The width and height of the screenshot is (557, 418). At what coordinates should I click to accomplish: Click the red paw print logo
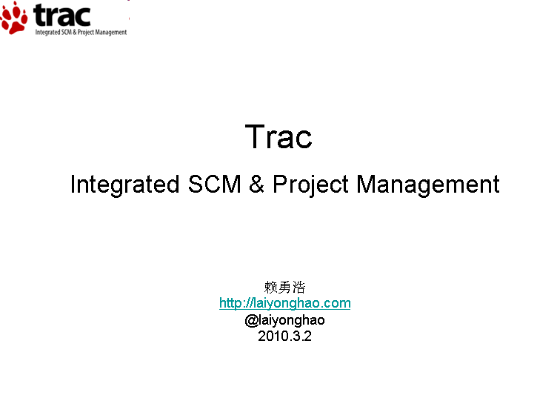(14, 18)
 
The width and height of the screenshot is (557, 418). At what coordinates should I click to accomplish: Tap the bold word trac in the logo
(62, 16)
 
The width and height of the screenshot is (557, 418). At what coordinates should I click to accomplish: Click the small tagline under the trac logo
(81, 33)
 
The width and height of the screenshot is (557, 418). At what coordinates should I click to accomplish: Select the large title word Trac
(278, 136)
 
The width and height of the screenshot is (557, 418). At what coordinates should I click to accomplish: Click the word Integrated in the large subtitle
(124, 185)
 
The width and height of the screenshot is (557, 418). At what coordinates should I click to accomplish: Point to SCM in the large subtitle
(214, 184)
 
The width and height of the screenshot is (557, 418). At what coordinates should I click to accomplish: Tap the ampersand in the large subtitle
(256, 184)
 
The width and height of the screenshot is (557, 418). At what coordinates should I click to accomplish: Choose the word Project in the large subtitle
(310, 185)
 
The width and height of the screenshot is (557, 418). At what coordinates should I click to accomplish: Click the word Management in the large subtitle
(428, 185)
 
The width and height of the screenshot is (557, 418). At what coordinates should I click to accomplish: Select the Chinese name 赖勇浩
(285, 287)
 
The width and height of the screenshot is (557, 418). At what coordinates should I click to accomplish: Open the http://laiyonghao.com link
(285, 303)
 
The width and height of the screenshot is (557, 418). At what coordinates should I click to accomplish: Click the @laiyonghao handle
(285, 320)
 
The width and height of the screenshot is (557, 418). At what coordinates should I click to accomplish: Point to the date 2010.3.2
(285, 336)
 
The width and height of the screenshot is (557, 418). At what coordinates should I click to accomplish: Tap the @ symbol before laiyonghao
(251, 320)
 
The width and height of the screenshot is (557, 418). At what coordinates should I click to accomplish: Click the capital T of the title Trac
(255, 136)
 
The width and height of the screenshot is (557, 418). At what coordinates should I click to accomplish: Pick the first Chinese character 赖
(270, 287)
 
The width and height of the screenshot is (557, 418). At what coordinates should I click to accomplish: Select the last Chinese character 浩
(299, 287)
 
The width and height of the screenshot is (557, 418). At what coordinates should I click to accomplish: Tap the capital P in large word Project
(280, 184)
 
